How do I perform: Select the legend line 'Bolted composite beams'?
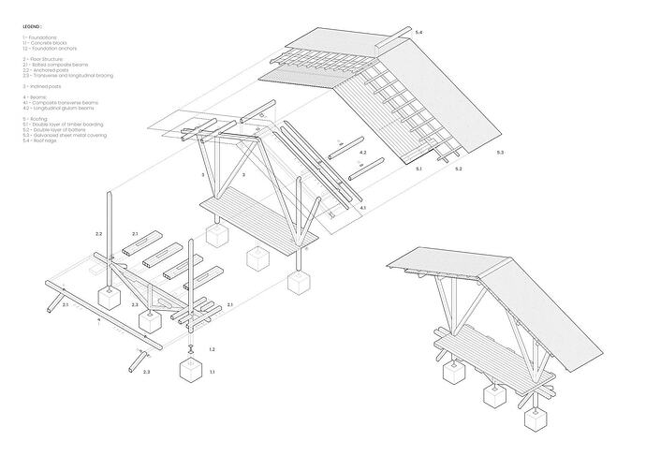(54, 63)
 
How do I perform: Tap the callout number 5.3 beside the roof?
(501, 152)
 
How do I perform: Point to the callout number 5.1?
(420, 169)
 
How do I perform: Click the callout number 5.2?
(458, 169)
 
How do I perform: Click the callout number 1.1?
(213, 373)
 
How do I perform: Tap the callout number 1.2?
(213, 348)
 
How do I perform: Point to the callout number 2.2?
(98, 230)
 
